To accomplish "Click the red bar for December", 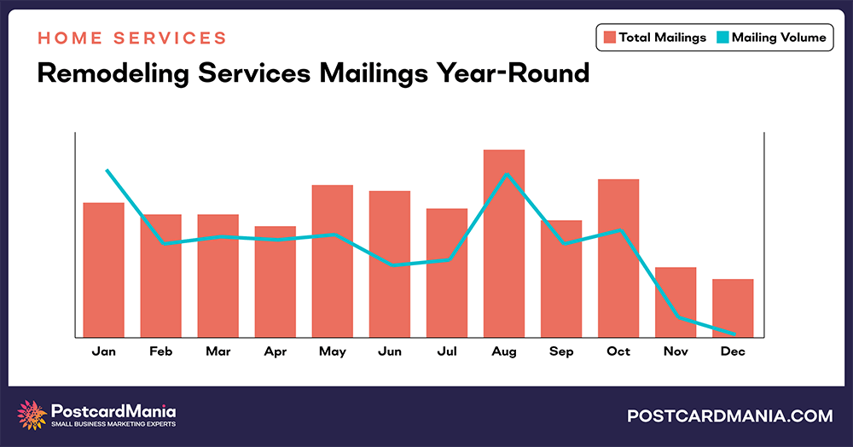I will pos(733,307).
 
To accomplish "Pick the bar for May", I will pos(333,260).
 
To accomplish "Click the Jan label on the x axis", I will pos(104,351).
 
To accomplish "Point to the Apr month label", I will pos(276,351).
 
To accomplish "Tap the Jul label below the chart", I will pos(447,351).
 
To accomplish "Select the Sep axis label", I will pos(561,351).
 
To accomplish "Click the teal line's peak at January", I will pos(107,171).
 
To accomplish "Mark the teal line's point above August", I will pos(507,175).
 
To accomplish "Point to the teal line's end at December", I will pos(734,334).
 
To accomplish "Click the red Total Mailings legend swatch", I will pos(610,38).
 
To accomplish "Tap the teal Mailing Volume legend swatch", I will pos(722,38).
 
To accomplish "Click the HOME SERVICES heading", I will pos(132,38).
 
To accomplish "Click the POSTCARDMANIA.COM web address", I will pos(729,416).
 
